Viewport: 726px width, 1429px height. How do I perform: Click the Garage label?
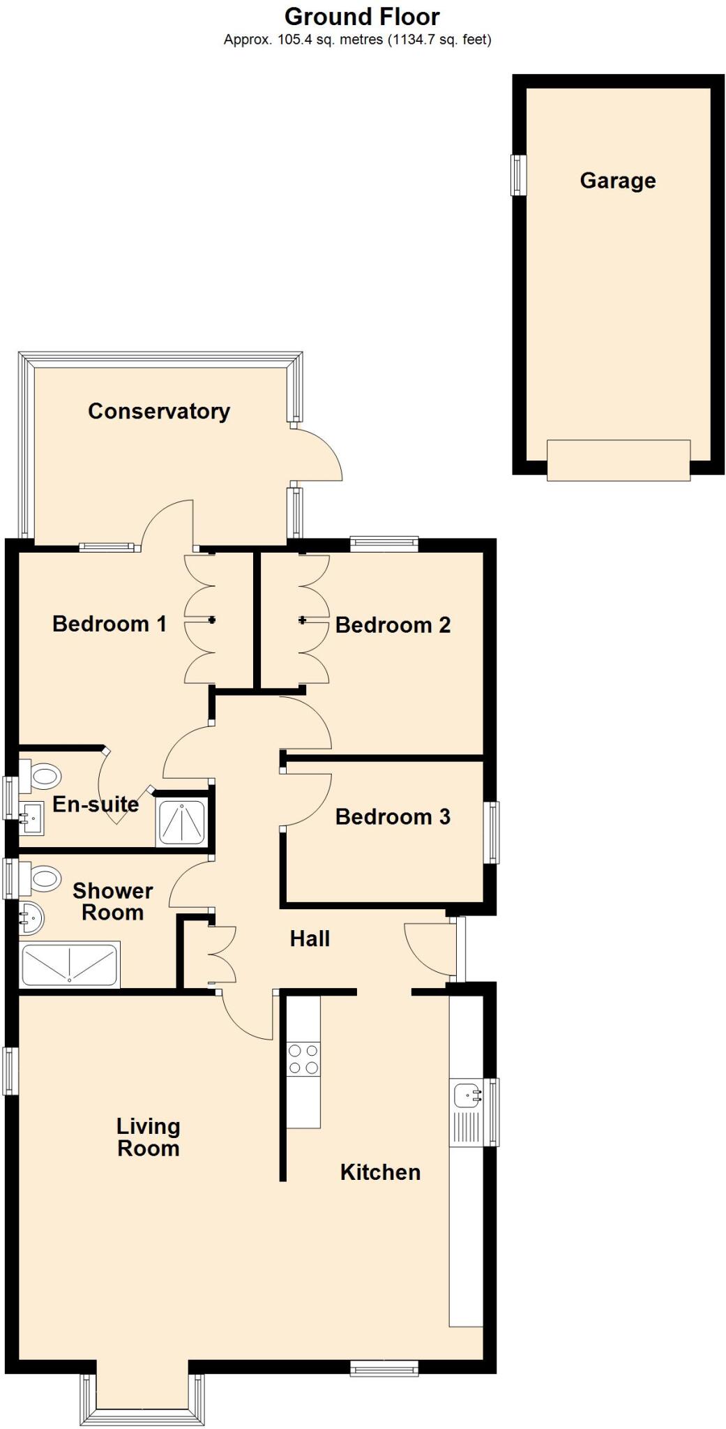(x=617, y=181)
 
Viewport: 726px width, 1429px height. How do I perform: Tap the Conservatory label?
(x=159, y=412)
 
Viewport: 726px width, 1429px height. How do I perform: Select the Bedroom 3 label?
(x=393, y=817)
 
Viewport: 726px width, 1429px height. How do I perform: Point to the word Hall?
(x=310, y=939)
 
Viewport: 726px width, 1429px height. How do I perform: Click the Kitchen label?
(x=380, y=1172)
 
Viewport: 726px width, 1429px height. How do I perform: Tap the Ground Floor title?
(x=362, y=16)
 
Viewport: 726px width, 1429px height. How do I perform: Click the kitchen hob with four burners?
(x=303, y=1058)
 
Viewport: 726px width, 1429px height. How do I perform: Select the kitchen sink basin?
(x=467, y=1095)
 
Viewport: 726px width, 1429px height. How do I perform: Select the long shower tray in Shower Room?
(x=70, y=965)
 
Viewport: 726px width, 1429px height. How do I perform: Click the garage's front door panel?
(x=618, y=461)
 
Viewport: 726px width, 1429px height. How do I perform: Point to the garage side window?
(x=519, y=175)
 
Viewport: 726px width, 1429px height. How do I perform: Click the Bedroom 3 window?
(x=493, y=832)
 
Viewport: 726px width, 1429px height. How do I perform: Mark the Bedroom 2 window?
(x=384, y=543)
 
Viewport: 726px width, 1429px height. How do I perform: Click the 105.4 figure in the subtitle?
(x=292, y=40)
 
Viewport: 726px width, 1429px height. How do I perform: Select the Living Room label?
(x=148, y=1137)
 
